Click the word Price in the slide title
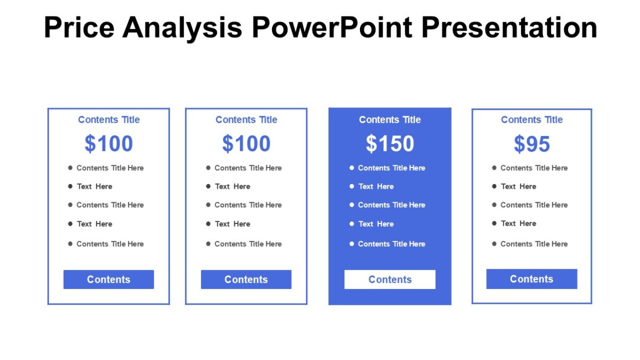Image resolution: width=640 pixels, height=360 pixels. (x=78, y=27)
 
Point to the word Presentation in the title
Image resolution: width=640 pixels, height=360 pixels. (x=509, y=27)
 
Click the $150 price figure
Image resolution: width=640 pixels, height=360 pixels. (x=390, y=143)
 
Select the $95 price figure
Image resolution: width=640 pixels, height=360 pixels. (x=532, y=143)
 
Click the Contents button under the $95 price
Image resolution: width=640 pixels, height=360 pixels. (x=532, y=279)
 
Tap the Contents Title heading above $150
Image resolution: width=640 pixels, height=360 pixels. (x=390, y=119)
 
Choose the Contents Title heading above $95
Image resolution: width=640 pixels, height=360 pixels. (x=532, y=119)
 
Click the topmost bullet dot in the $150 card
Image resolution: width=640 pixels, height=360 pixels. (x=351, y=167)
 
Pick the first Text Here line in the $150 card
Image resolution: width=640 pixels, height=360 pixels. (x=376, y=186)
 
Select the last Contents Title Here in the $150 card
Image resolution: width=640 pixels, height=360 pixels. (x=391, y=244)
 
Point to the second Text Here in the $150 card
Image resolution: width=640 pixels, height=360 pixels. (x=376, y=224)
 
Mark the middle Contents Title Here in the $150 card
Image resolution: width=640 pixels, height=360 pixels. (x=391, y=205)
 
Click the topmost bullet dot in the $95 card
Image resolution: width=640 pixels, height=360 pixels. (x=494, y=167)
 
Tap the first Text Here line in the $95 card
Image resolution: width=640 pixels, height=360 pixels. (x=518, y=186)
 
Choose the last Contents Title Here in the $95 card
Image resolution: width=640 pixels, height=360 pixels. (x=534, y=244)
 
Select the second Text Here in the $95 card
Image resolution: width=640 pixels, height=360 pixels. (x=518, y=223)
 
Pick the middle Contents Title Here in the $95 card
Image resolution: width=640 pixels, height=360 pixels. (x=534, y=205)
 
